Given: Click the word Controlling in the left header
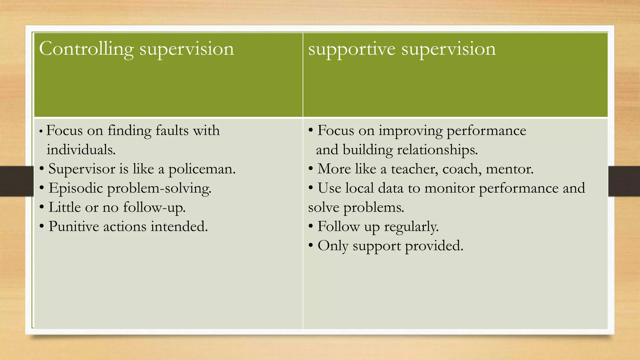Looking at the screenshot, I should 86,49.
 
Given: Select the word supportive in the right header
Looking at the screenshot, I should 352,49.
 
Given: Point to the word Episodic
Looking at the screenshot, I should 76,188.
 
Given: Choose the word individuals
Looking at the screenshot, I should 81,150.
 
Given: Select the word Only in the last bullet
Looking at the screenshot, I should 333,246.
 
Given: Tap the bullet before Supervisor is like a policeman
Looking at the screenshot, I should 42,169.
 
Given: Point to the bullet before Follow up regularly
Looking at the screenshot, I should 311,226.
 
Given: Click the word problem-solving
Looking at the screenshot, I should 159,188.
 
